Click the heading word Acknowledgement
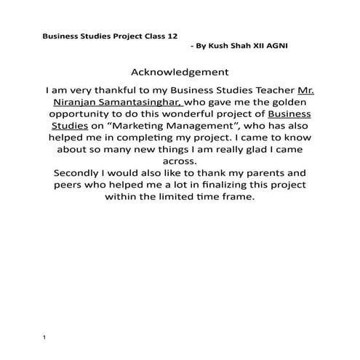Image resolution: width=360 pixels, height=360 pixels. tap(180, 72)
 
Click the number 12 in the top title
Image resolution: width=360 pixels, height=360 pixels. tap(169, 34)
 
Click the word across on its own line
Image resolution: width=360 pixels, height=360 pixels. tap(180, 161)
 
